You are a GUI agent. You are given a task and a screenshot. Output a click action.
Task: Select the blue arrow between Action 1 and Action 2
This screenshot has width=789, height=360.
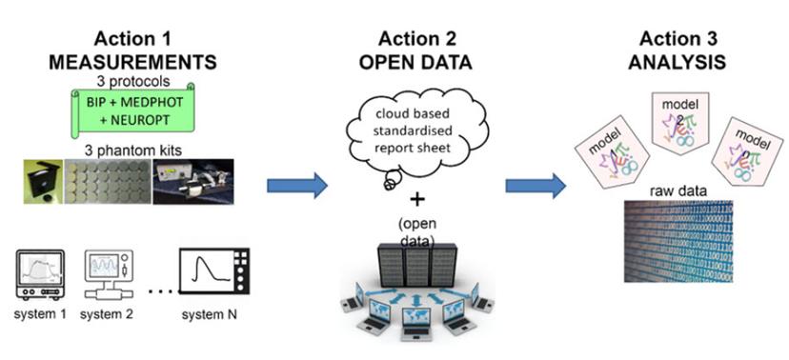coord(294,185)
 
